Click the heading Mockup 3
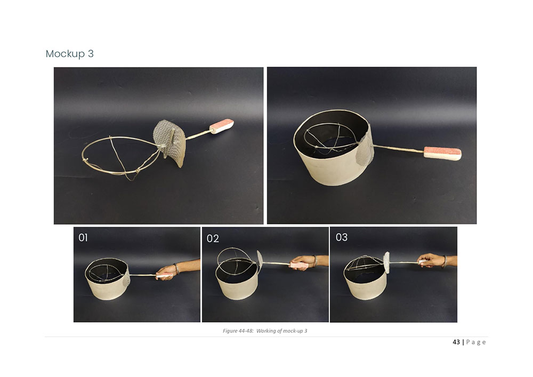[70, 54]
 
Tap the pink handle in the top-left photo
[221, 126]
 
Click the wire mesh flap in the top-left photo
[169, 143]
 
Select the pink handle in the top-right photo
[442, 153]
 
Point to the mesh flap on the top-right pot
[365, 149]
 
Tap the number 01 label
[83, 238]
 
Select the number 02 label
[213, 239]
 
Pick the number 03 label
[342, 237]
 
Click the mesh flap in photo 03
[386, 262]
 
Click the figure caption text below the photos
[265, 331]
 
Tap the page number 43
[456, 342]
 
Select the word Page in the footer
[476, 342]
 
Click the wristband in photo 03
[445, 261]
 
